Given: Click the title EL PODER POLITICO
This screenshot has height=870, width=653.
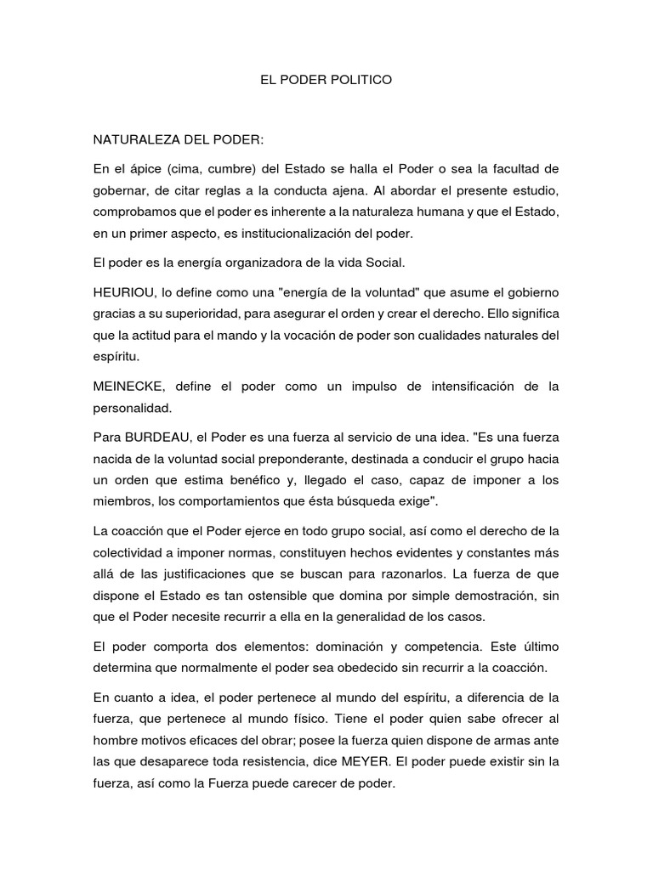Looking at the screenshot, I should click(326, 81).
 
